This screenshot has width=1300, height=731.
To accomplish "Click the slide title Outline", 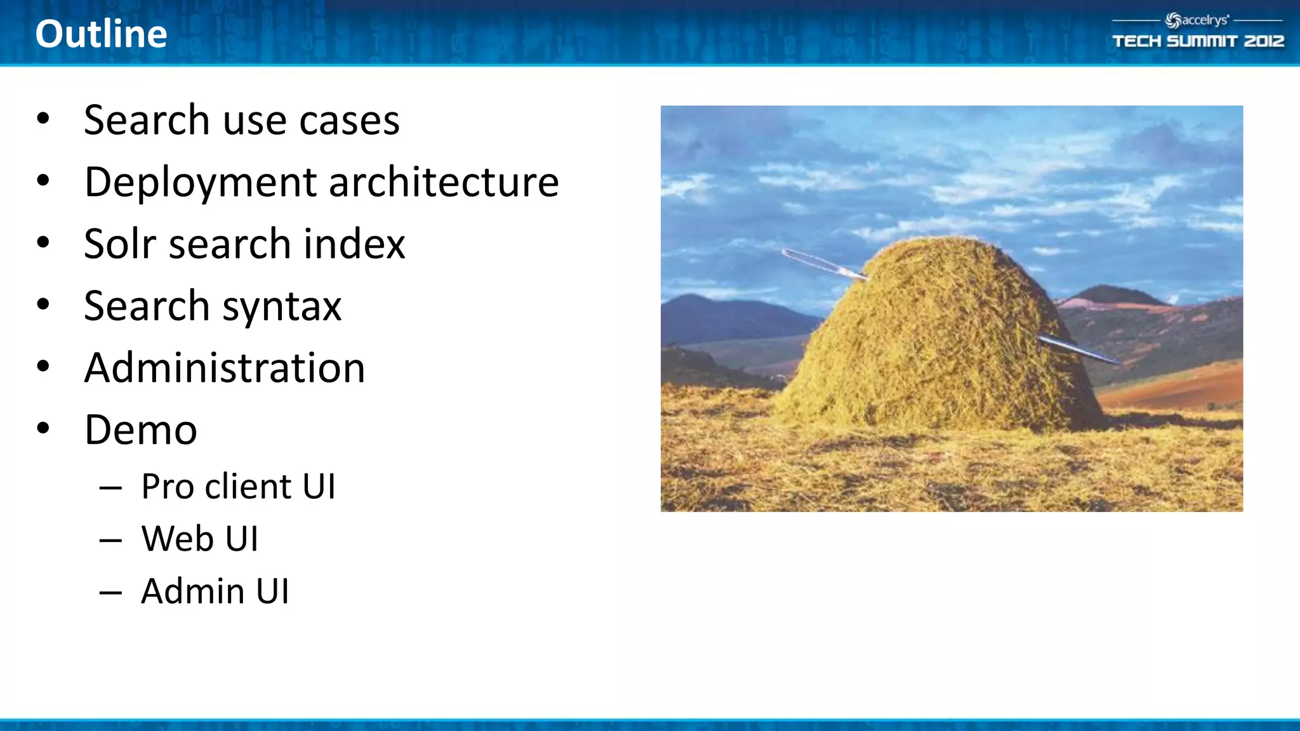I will pos(101,34).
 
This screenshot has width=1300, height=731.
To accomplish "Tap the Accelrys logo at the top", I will pos(1197,20).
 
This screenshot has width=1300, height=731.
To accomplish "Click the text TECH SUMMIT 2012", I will pos(1198,41).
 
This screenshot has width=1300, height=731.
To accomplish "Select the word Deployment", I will pos(201,183).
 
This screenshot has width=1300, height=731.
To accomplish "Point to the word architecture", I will pos(443,182).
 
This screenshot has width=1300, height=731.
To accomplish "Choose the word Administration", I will pos(225,368).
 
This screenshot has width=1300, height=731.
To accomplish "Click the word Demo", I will pos(140,430).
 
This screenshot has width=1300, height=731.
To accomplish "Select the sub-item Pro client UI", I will pos(238,487).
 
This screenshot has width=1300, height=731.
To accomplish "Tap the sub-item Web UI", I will pos(199,539).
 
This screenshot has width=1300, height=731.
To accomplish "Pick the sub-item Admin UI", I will pos(215,591).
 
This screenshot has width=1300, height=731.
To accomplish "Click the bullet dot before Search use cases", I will pos(43,118).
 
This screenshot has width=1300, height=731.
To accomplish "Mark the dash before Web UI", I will pos(110,540).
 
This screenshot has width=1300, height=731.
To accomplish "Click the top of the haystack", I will pos(946,241).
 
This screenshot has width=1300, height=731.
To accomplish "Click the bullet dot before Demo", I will pos(43,428).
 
